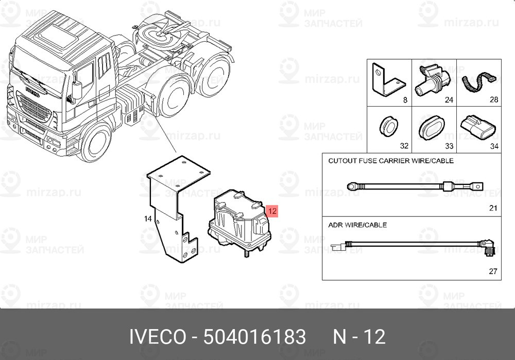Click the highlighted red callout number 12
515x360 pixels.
pyautogui.click(x=273, y=211)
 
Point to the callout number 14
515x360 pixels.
pyautogui.click(x=148, y=219)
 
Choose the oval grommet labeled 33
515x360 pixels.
pyautogui.click(x=431, y=127)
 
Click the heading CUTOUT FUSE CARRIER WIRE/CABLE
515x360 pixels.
pyautogui.click(x=391, y=161)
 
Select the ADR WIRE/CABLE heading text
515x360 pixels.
pyautogui.click(x=357, y=225)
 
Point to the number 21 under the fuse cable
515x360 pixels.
pyautogui.click(x=493, y=208)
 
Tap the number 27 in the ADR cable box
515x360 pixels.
pyautogui.click(x=493, y=271)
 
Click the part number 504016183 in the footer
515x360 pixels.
pyautogui.click(x=254, y=337)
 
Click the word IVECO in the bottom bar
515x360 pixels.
pyautogui.click(x=157, y=337)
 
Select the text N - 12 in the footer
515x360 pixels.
pyautogui.click(x=359, y=337)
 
